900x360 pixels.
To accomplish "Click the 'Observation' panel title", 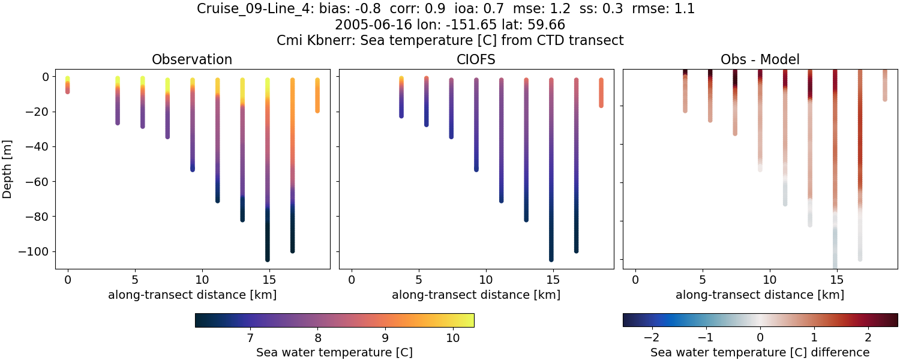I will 192,59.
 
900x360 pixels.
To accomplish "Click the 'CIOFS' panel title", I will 476,59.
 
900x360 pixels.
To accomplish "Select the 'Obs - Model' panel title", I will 760,59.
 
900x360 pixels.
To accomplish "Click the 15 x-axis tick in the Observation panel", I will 269,280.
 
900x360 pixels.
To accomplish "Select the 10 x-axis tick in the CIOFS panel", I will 485,280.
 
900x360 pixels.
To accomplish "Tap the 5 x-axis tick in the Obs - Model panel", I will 702,280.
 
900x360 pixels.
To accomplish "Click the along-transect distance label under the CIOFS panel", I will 476,295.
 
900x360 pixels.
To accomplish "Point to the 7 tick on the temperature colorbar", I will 249,338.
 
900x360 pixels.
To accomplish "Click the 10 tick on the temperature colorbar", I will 453,338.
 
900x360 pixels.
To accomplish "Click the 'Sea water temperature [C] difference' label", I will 760,352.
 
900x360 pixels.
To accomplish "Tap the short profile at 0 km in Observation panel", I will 68,85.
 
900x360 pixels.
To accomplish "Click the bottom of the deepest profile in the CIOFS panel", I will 551,259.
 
